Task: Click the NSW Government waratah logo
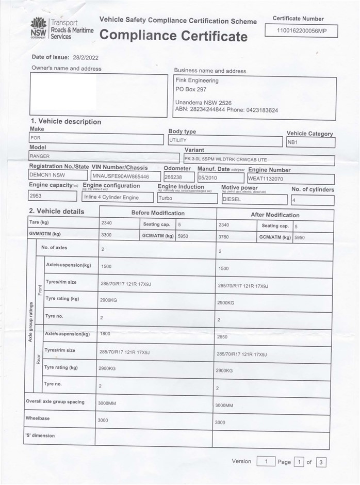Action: click(39, 26)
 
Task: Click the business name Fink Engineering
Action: click(197, 80)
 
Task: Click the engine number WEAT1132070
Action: click(266, 179)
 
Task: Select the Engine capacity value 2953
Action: click(36, 197)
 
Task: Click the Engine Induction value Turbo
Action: click(166, 198)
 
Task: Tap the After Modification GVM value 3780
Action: click(224, 237)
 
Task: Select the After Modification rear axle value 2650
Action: click(223, 336)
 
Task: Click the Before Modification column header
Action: click(157, 213)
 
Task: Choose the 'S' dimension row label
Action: click(40, 436)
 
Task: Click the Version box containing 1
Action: click(266, 461)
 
